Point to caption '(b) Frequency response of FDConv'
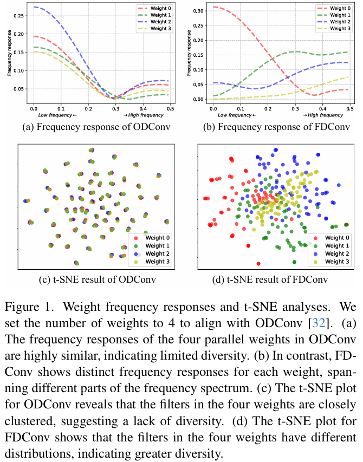276,129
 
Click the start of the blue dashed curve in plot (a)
34,7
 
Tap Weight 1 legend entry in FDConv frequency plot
341,15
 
